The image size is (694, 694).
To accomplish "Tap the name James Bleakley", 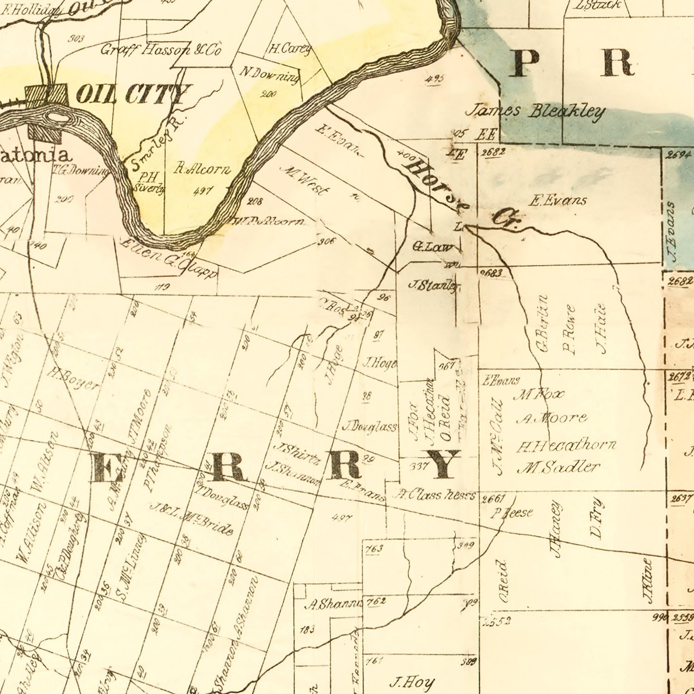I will [535, 112].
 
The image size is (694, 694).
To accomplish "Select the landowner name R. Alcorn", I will [202, 169].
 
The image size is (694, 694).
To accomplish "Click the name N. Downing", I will [269, 74].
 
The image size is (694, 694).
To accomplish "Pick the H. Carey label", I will [290, 48].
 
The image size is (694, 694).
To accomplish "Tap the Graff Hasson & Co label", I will [161, 50].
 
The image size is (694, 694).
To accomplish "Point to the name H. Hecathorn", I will [566, 446].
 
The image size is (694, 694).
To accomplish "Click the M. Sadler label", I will [558, 467].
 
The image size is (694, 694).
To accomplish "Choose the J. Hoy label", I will [412, 682].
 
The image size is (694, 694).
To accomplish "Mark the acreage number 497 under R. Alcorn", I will [203, 190].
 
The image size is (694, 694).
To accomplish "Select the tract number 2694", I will [679, 155].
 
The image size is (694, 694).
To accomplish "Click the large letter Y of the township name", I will [443, 464].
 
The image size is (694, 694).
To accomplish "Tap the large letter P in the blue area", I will [525, 63].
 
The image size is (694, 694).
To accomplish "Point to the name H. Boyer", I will [74, 379].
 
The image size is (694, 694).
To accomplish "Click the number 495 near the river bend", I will [434, 79].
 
